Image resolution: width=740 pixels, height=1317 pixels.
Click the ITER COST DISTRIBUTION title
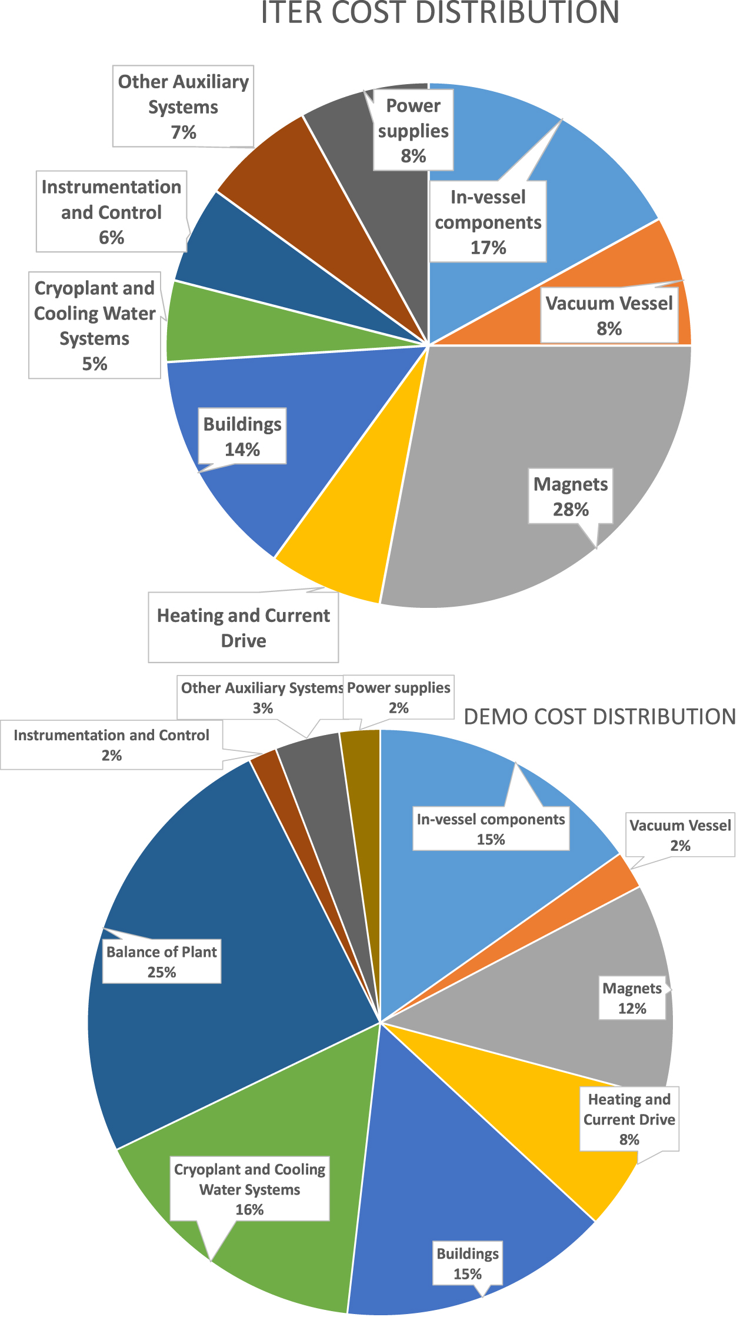click(439, 13)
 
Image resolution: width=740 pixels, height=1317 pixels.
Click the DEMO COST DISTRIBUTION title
click(599, 717)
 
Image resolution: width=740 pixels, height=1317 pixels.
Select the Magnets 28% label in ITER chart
click(570, 496)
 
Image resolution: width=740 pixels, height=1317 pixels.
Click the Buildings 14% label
click(242, 436)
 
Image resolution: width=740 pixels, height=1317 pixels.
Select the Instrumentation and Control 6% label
click(111, 211)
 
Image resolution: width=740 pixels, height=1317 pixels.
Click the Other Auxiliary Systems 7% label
click(183, 106)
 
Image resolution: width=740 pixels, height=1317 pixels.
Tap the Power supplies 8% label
click(413, 130)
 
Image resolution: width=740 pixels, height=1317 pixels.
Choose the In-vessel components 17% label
click(488, 222)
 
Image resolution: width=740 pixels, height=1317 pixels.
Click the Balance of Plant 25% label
click(162, 961)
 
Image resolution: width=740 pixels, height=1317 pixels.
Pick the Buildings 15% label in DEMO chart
click(468, 1263)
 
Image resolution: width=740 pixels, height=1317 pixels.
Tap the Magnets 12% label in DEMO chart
click(632, 998)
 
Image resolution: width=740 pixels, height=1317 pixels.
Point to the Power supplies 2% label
click(398, 697)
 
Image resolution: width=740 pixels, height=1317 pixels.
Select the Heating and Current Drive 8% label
click(629, 1119)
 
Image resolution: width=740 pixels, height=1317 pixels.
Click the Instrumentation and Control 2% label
click(111, 744)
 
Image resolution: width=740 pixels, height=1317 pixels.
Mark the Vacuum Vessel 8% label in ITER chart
click(609, 315)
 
